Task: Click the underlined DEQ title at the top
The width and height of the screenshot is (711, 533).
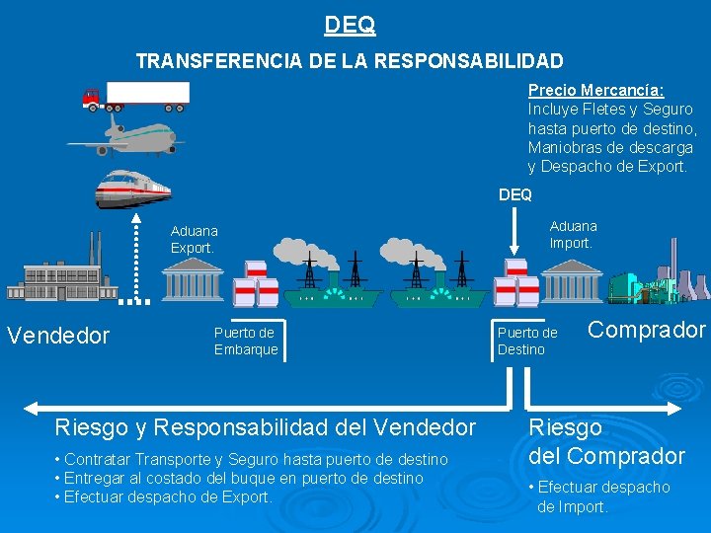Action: (350, 23)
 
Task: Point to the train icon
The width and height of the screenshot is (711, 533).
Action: (133, 189)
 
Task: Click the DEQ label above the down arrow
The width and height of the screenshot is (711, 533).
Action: (514, 194)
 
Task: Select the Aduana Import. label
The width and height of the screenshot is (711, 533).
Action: (573, 234)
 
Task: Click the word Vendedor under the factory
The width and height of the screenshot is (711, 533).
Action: (57, 336)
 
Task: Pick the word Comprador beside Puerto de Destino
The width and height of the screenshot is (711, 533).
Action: (647, 330)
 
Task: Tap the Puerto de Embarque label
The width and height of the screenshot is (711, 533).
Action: (245, 341)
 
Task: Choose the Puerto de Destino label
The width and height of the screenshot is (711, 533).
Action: (527, 341)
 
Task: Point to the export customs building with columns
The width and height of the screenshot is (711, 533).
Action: (193, 282)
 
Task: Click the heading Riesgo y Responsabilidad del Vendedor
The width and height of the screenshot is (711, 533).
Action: (266, 428)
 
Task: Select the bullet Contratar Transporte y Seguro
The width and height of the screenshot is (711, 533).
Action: (252, 460)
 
